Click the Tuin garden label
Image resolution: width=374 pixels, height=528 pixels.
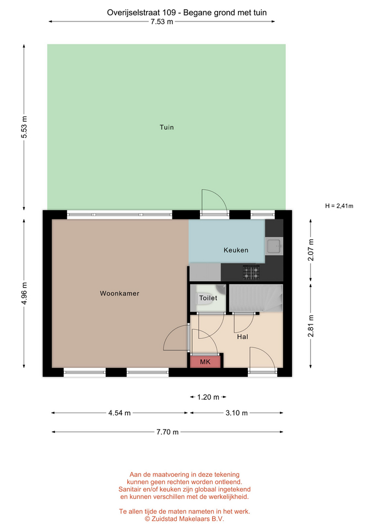[x=166, y=127]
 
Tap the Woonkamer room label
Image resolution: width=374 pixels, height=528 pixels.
[x=120, y=293]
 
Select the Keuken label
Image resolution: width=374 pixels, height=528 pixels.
[x=236, y=250]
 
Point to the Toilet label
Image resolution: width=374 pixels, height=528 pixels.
[x=208, y=298]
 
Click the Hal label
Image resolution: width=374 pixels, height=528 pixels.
[x=242, y=337]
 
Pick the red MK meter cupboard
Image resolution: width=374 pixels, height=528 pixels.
[x=205, y=362]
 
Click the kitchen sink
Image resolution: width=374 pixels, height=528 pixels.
[x=274, y=246]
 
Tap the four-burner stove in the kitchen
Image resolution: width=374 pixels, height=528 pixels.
[x=251, y=272]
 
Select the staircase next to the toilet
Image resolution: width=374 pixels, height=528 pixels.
[x=256, y=298]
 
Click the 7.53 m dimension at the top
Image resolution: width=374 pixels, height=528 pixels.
[x=162, y=22]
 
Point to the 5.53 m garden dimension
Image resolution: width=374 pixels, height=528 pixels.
[x=24, y=127]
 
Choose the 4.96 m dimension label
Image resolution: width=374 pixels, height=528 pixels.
[x=24, y=294]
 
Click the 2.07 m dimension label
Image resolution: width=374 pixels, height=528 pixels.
[x=311, y=250]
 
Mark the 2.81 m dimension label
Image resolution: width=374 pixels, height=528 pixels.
[x=311, y=326]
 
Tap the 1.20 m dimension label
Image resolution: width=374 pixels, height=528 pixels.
[x=208, y=397]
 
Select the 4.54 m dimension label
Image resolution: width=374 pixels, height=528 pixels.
[x=120, y=413]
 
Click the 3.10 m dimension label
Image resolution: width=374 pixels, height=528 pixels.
[x=236, y=413]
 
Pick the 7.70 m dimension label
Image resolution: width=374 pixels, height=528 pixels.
[x=167, y=432]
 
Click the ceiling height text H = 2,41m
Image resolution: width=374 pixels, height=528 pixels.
[x=339, y=206]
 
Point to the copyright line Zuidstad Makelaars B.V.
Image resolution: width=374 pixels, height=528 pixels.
[x=185, y=519]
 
